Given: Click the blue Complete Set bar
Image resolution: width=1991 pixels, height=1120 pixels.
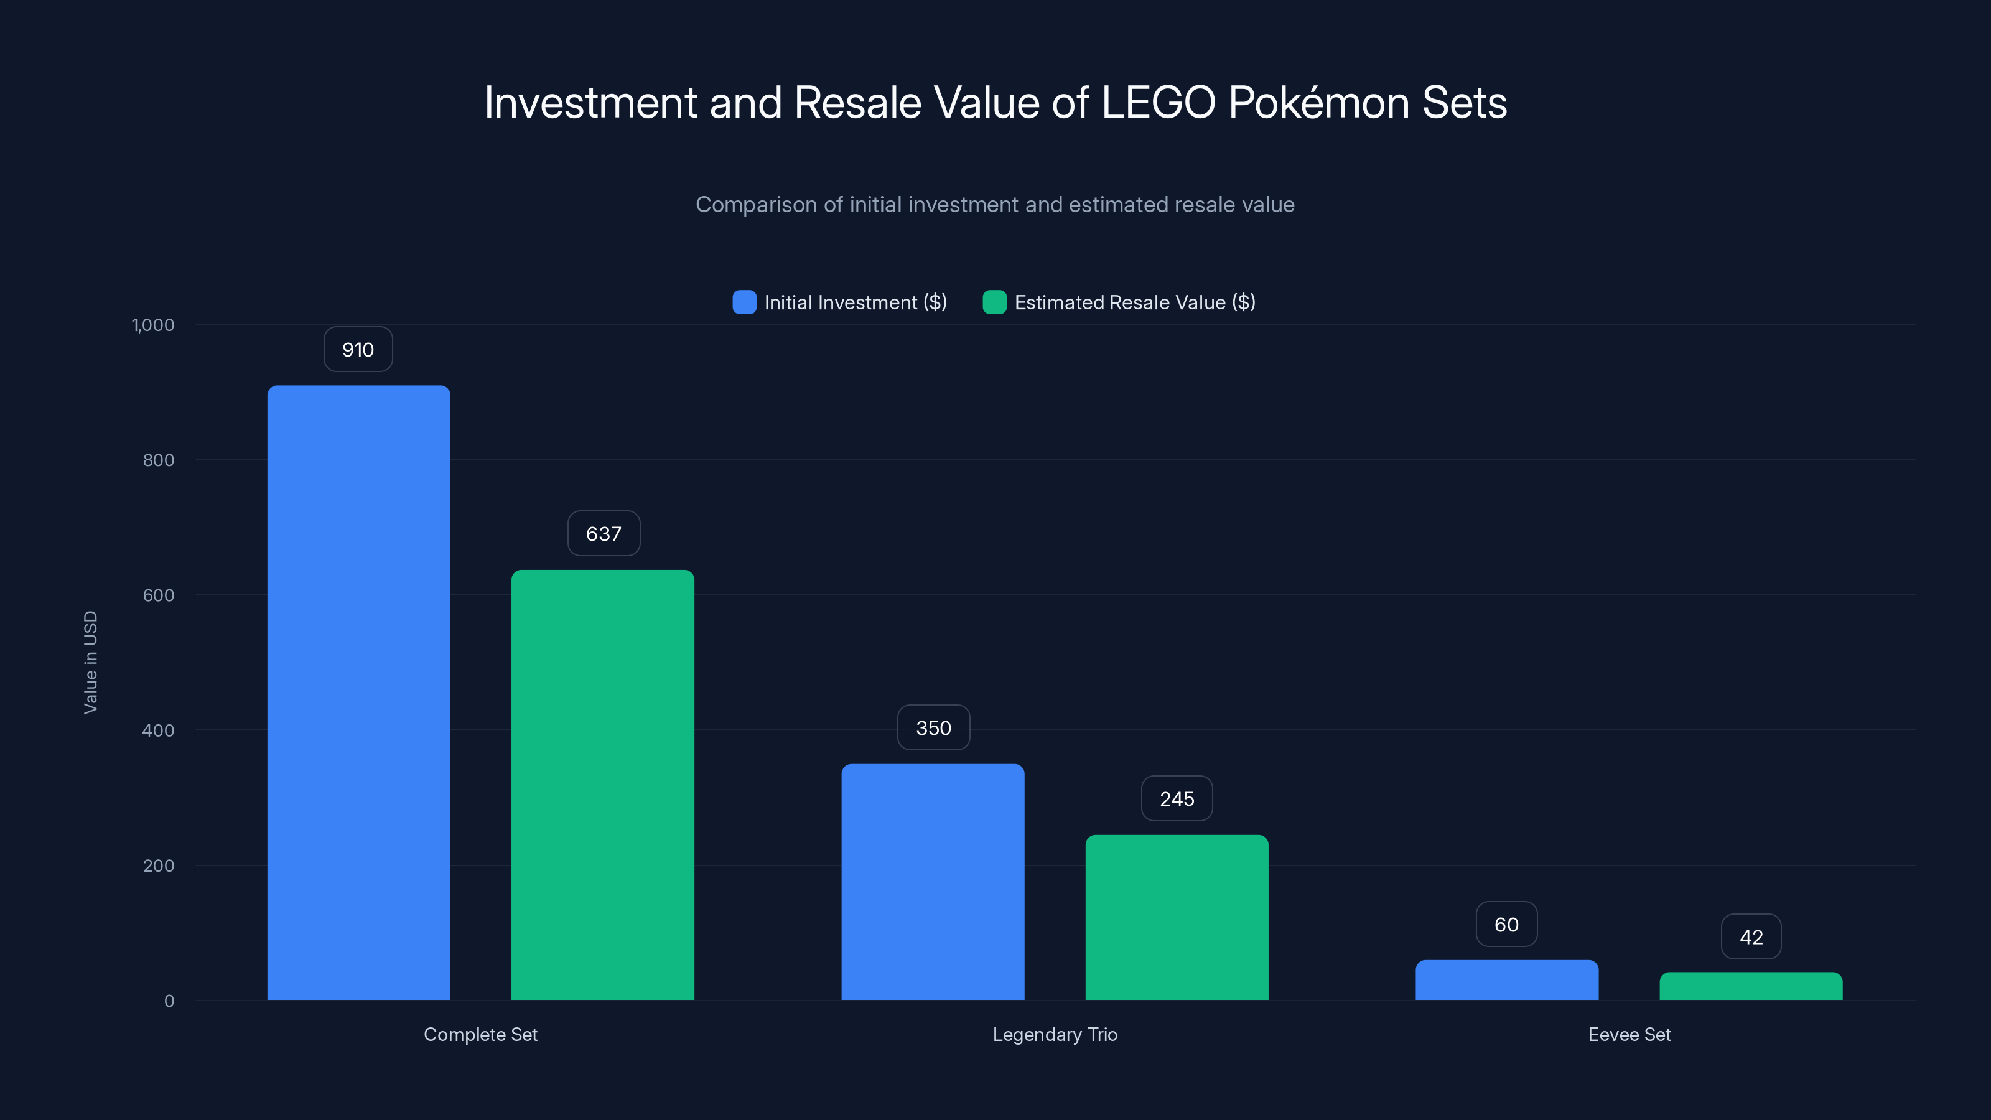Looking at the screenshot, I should pyautogui.click(x=358, y=692).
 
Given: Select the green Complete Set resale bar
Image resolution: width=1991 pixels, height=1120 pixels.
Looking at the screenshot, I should pyautogui.click(x=603, y=785).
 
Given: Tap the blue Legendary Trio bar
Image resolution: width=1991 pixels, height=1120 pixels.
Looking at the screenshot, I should pyautogui.click(x=933, y=881).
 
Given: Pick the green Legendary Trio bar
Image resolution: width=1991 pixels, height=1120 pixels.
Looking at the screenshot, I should pyautogui.click(x=1177, y=918).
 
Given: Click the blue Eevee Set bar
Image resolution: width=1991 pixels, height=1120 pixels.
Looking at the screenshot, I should pyautogui.click(x=1506, y=980).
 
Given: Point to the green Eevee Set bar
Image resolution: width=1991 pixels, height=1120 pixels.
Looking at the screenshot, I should pyautogui.click(x=1751, y=986).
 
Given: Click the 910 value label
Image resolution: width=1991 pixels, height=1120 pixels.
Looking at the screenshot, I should pyautogui.click(x=358, y=349).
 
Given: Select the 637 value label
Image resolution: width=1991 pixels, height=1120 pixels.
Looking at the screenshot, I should pyautogui.click(x=604, y=533).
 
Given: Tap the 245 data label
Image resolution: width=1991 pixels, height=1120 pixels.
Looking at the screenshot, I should pyautogui.click(x=1177, y=798).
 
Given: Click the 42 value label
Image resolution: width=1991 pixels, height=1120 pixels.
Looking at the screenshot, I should pyautogui.click(x=1751, y=937).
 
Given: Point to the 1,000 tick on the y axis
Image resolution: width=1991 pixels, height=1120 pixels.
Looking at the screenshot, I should pyautogui.click(x=153, y=325).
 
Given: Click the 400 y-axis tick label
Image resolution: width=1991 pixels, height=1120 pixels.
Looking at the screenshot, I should pyautogui.click(x=159, y=730).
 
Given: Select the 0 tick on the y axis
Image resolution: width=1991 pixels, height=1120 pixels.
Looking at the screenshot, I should pyautogui.click(x=169, y=1001).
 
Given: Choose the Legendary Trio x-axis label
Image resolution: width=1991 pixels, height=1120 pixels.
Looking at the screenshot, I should pyautogui.click(x=1055, y=1034).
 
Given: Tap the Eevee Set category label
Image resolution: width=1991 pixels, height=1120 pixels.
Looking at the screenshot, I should pyautogui.click(x=1630, y=1034).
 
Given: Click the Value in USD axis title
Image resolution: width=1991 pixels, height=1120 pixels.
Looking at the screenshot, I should pyautogui.click(x=90, y=663).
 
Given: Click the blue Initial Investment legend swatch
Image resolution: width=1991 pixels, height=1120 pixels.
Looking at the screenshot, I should pyautogui.click(x=744, y=302).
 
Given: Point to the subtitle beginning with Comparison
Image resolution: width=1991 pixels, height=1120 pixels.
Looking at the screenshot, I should pyautogui.click(x=995, y=204).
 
